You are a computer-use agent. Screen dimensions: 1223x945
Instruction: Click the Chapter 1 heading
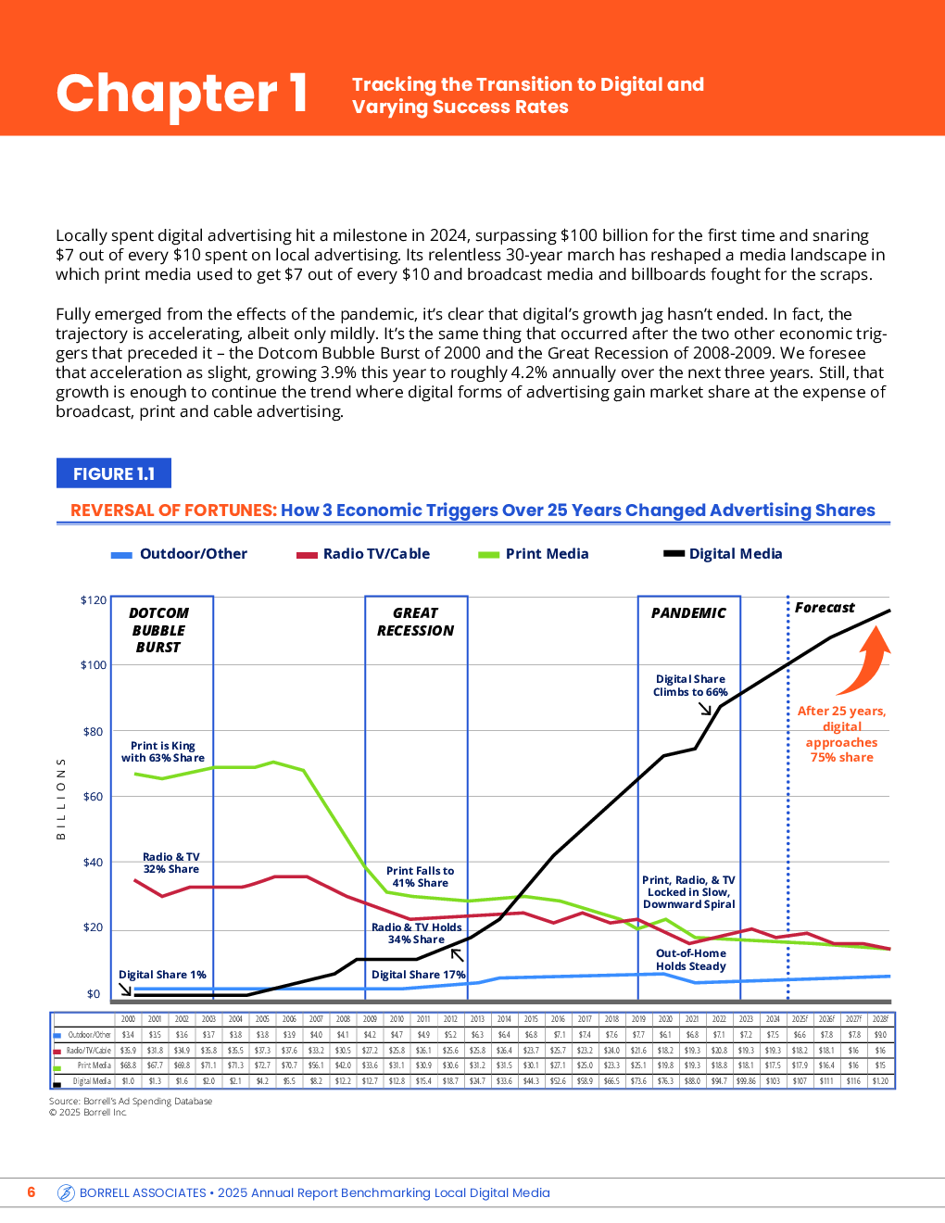click(x=182, y=94)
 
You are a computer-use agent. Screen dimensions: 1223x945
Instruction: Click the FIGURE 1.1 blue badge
click(x=114, y=473)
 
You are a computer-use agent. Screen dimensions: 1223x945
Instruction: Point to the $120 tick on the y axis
click(x=94, y=600)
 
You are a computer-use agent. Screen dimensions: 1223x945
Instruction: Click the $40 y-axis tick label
click(x=94, y=863)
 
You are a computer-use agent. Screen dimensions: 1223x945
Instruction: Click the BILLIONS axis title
click(x=61, y=799)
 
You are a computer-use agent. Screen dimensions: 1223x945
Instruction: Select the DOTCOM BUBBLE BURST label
click(x=158, y=630)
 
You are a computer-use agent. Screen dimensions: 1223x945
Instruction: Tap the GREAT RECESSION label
click(x=415, y=622)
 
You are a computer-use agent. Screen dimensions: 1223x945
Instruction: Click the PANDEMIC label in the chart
click(x=688, y=613)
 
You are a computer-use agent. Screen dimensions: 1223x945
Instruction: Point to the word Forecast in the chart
click(x=825, y=608)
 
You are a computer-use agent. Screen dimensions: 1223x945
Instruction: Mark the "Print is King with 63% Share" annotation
click(x=163, y=751)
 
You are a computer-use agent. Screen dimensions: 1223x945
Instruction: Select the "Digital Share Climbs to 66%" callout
click(x=690, y=686)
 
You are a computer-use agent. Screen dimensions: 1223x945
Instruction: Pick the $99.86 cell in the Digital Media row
click(x=746, y=1081)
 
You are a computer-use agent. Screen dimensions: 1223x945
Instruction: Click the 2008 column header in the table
click(x=343, y=1019)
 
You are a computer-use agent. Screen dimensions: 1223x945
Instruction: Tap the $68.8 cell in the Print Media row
click(x=128, y=1065)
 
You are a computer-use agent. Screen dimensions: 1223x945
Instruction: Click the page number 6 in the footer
click(x=31, y=1192)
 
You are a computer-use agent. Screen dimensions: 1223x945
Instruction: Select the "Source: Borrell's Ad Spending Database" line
click(x=131, y=1102)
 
